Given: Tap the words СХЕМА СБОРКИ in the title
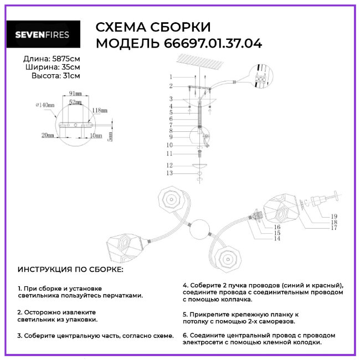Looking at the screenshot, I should pos(153,28).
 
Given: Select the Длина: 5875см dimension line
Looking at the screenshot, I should pos(52,58).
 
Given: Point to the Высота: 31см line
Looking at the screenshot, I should pos(55,75).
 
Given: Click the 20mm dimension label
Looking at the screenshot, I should pos(48,135).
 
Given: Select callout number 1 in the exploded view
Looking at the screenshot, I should pos(171,76).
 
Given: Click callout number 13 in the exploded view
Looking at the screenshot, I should pos(170,173).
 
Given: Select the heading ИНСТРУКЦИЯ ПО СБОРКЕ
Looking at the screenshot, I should pos(71,270).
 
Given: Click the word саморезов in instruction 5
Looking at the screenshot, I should pos(277,321).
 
